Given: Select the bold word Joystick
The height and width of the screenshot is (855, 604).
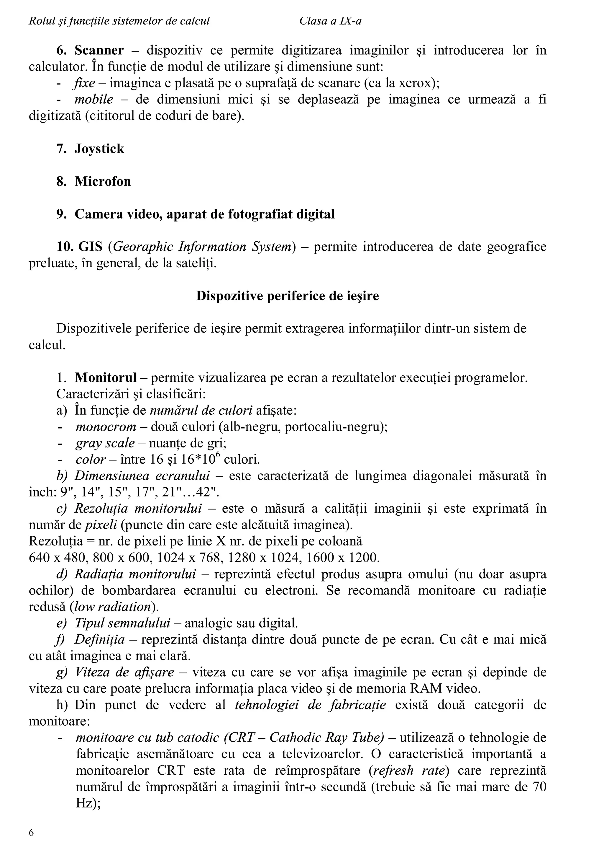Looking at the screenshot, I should (99, 149).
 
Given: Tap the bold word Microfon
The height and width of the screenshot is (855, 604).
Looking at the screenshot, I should (103, 182).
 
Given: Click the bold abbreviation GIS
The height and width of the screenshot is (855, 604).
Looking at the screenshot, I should (90, 247).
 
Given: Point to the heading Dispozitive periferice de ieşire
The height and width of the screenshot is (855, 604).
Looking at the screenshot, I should (288, 296).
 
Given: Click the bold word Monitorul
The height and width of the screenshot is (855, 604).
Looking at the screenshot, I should (106, 378).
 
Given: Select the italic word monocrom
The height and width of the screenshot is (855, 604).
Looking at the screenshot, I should (106, 427).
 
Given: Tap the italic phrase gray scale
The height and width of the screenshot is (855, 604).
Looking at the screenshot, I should (105, 443).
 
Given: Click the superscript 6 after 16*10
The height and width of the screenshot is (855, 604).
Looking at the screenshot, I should (218, 455).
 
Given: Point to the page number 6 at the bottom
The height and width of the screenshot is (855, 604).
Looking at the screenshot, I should (31, 833).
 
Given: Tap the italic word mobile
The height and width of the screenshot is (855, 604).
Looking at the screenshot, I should (94, 100).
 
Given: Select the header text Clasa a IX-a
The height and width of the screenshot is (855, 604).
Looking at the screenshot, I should (330, 21).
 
